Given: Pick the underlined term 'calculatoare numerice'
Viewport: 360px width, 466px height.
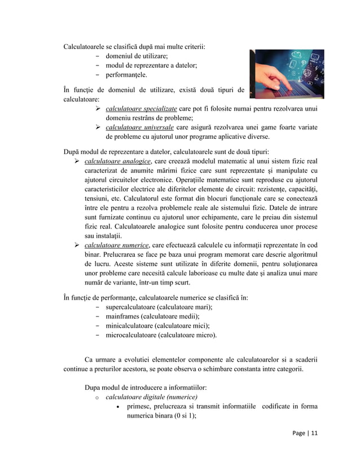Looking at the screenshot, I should point(116,245).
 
